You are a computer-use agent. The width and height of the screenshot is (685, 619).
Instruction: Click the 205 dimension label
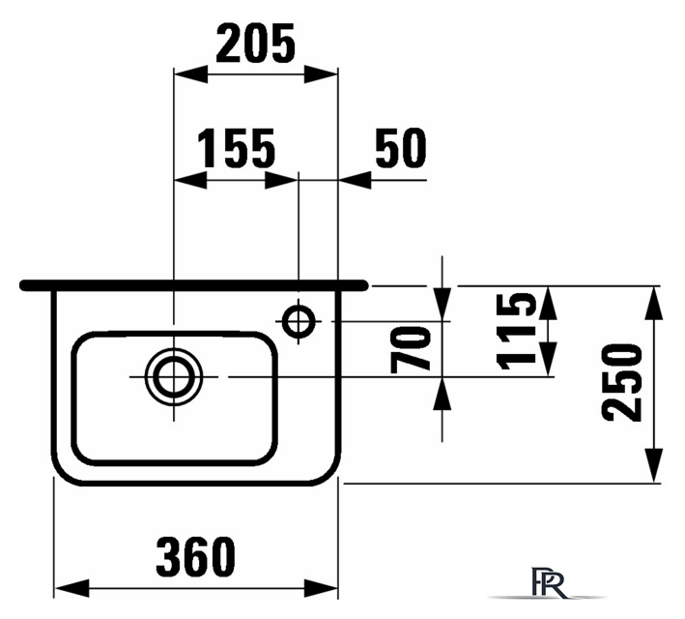256,43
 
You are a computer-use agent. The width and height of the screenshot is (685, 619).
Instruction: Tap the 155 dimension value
237,148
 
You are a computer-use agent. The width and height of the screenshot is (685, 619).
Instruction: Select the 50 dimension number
401,148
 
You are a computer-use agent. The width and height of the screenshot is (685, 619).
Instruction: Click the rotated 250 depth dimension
621,382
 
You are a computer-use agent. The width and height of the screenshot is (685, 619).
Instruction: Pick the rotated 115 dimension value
516,331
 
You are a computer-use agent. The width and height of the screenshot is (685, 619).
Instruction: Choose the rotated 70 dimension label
410,349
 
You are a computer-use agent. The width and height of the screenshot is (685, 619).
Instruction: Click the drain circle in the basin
174,376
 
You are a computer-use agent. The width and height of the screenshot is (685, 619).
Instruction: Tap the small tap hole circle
299,321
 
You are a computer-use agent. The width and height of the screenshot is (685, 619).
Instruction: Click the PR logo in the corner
549,583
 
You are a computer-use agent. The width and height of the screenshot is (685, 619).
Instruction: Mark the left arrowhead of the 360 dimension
71,588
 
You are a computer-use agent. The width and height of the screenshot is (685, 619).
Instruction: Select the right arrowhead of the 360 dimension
321,588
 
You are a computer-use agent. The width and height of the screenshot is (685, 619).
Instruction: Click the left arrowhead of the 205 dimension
190,74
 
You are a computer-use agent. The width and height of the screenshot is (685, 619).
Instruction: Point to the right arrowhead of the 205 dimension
321,74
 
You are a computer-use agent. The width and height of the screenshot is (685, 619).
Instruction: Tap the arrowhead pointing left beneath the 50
355,180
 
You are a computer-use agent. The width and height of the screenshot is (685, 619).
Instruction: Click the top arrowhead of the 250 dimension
653,303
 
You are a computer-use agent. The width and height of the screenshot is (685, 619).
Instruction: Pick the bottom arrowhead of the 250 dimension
653,465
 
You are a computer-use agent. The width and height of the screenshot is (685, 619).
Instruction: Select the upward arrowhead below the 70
442,394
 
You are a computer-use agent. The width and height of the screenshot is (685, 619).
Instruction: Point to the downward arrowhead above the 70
442,304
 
